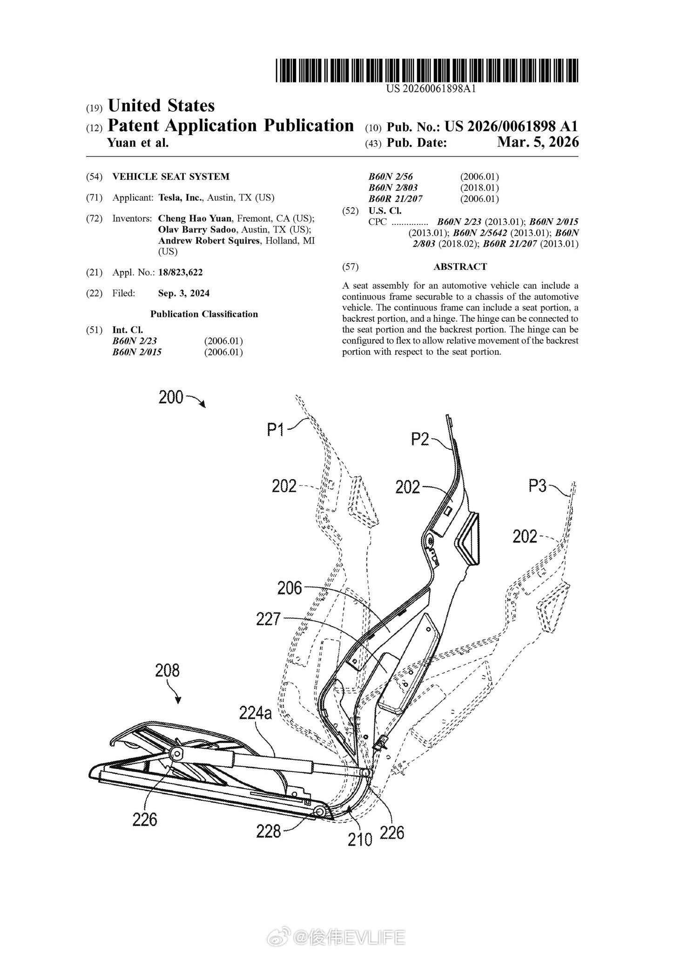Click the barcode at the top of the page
(x=426, y=71)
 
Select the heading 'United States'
(x=161, y=106)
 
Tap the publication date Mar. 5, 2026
(x=538, y=142)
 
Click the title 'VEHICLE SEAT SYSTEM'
(x=171, y=176)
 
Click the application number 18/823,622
(x=181, y=272)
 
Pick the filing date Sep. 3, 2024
(x=184, y=293)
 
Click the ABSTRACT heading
(x=460, y=267)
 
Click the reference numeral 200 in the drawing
(x=171, y=398)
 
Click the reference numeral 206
(x=290, y=588)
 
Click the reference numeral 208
(x=167, y=670)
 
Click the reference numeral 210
(x=360, y=838)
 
